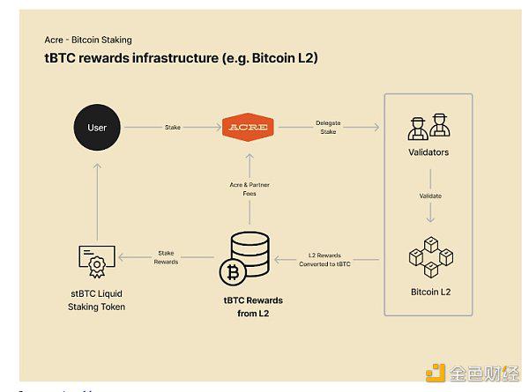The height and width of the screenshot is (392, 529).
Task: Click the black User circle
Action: pos(97,128)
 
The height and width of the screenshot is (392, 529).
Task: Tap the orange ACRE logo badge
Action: pos(248,128)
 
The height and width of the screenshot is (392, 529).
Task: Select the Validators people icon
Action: pos(428,127)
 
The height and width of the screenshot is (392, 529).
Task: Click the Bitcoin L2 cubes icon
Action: pos(428,255)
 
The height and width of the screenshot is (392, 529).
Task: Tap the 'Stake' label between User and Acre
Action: pos(173,128)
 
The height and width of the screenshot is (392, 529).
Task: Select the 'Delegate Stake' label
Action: pos(330,128)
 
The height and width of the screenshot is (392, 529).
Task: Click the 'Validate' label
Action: pos(429,195)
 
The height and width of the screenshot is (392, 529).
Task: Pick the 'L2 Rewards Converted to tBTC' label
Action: pos(329,259)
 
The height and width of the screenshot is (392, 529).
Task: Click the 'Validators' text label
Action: pos(428,152)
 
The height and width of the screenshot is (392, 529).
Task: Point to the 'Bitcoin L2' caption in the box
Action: pos(428,291)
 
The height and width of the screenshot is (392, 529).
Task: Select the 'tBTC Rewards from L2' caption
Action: pos(253,307)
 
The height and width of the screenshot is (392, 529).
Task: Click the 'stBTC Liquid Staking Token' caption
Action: pos(97,300)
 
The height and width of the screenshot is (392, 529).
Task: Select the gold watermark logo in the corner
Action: pos(436,373)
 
